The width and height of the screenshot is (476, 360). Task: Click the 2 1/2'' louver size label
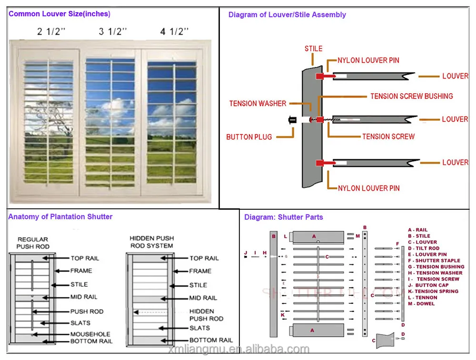(51, 32)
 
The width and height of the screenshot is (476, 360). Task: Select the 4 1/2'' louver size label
(174, 32)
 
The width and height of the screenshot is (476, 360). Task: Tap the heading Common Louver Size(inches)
(59, 14)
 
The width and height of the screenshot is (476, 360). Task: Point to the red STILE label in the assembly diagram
(313, 49)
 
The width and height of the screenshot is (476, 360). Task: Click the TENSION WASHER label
(258, 103)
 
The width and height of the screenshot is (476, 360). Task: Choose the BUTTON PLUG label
(249, 137)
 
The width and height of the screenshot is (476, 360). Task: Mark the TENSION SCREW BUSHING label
(412, 96)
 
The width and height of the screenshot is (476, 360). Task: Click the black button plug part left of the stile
(291, 121)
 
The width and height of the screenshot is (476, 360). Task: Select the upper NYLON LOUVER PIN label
(368, 60)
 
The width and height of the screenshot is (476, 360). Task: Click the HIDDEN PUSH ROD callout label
(206, 315)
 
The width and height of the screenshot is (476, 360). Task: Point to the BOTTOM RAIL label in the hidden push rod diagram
(211, 340)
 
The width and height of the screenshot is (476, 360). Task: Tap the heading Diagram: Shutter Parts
(283, 217)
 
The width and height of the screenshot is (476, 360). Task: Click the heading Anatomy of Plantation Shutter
(60, 217)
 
